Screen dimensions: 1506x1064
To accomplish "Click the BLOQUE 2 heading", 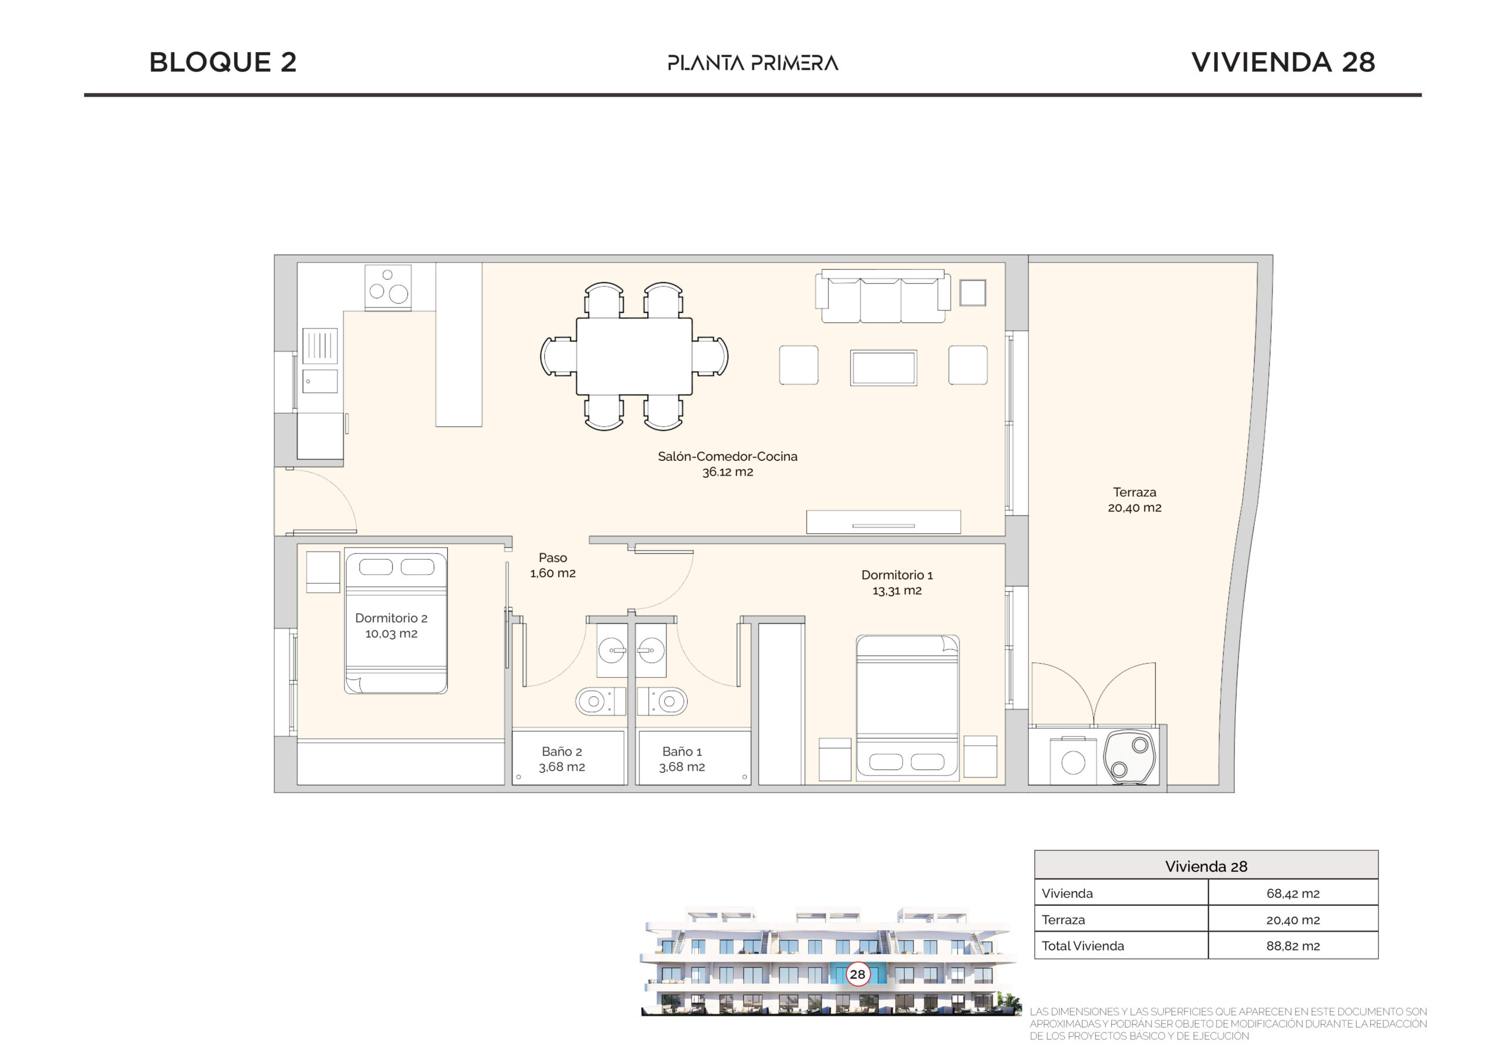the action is click(223, 62).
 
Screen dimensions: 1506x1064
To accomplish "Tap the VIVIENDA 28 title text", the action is click(1283, 62).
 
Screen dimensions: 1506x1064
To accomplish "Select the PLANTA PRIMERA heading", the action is click(753, 63).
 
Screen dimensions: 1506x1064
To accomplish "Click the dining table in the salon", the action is click(634, 356).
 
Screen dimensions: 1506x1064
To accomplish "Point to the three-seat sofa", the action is click(883, 296).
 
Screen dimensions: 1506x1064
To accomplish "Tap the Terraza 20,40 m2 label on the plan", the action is click(1134, 500).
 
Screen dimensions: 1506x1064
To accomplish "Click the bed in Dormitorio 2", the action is click(395, 620).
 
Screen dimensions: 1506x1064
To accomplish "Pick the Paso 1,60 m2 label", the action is click(552, 565).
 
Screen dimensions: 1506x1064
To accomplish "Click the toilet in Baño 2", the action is click(599, 701).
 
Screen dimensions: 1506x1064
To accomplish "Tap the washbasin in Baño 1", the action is click(651, 651).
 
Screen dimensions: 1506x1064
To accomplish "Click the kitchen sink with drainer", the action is click(320, 360).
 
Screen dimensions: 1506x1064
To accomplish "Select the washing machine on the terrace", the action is click(1073, 761).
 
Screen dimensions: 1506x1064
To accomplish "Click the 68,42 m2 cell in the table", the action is click(1292, 894).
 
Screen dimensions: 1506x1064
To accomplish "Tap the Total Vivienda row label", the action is click(1082, 946).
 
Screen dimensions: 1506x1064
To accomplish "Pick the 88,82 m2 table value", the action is click(1292, 946).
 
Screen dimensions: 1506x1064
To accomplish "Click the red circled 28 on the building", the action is click(857, 974).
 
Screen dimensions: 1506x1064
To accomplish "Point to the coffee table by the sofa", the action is click(883, 368).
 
